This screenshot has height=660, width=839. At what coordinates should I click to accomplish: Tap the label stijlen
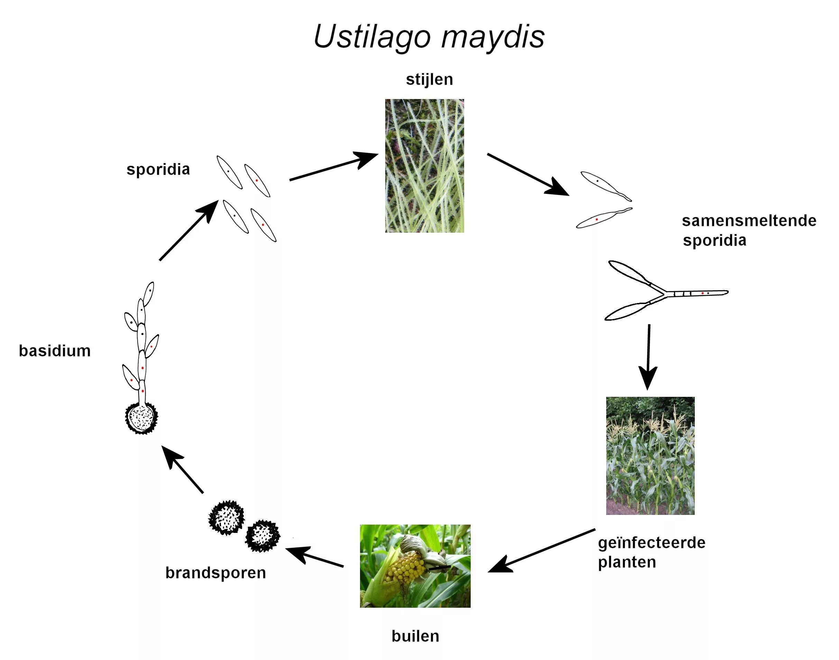[429, 80]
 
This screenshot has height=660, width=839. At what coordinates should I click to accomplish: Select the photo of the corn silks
[425, 166]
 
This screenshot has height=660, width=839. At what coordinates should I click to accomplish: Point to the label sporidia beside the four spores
[158, 169]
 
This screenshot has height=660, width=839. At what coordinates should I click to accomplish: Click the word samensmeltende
[749, 221]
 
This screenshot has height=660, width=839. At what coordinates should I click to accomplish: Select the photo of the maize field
[650, 456]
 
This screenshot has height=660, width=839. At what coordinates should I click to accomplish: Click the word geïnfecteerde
[652, 543]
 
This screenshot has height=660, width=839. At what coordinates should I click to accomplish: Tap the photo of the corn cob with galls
[415, 566]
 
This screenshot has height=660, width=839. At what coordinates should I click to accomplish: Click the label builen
[415, 636]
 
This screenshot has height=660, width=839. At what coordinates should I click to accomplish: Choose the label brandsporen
[216, 573]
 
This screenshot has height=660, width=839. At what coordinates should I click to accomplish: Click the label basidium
[55, 351]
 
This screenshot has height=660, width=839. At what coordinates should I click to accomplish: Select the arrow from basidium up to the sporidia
[189, 231]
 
